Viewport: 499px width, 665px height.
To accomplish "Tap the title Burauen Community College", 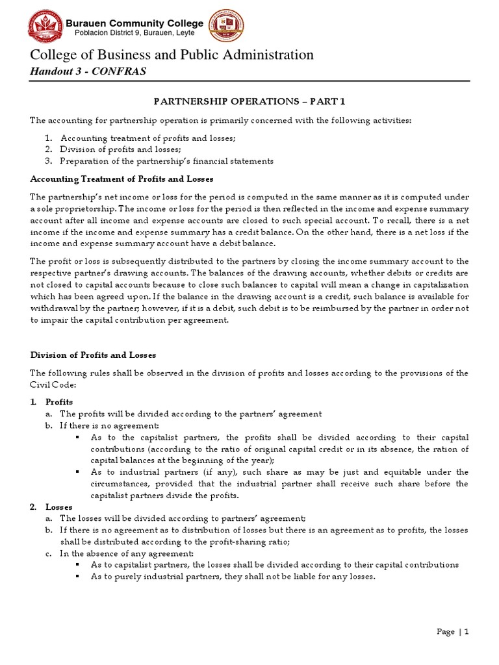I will click(x=135, y=23).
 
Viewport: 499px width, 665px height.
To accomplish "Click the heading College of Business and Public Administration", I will click(x=172, y=55).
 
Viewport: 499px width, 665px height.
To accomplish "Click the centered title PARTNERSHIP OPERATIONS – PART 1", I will click(x=249, y=102).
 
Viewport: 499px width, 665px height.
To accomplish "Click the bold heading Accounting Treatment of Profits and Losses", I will click(x=122, y=179).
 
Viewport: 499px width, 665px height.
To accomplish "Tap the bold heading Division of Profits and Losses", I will click(x=94, y=355).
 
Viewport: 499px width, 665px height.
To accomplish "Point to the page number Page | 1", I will click(x=453, y=632).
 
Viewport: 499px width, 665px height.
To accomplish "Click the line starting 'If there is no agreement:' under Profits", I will click(x=109, y=425).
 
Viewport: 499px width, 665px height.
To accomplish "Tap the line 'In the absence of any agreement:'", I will click(x=126, y=553).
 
